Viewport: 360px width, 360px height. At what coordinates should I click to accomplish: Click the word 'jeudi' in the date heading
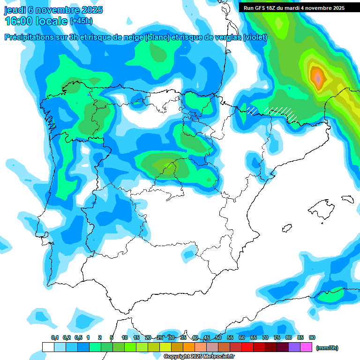pos(15,10)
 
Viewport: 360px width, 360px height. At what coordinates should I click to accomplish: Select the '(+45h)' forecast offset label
pos(81,21)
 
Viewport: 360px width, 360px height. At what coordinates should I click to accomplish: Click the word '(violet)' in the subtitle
pos(255,37)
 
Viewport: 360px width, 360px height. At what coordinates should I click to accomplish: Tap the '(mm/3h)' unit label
pos(327,348)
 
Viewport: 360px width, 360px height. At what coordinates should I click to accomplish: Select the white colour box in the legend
pos(48,347)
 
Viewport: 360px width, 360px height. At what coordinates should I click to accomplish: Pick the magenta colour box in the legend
pos(306,347)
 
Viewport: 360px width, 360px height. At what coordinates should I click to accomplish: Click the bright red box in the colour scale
pos(247,347)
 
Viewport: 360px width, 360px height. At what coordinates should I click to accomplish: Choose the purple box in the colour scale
pos(294,347)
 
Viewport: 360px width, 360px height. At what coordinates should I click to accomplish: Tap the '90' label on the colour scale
pos(312,338)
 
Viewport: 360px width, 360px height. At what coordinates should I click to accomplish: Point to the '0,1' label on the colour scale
pos(54,338)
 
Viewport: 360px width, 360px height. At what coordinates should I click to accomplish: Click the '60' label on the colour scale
pos(242,338)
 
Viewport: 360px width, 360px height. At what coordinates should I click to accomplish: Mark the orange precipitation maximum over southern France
pos(318,76)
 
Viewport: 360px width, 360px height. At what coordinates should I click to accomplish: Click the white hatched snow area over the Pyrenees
pos(281,112)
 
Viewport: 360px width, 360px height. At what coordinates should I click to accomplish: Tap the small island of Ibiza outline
pos(286,229)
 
